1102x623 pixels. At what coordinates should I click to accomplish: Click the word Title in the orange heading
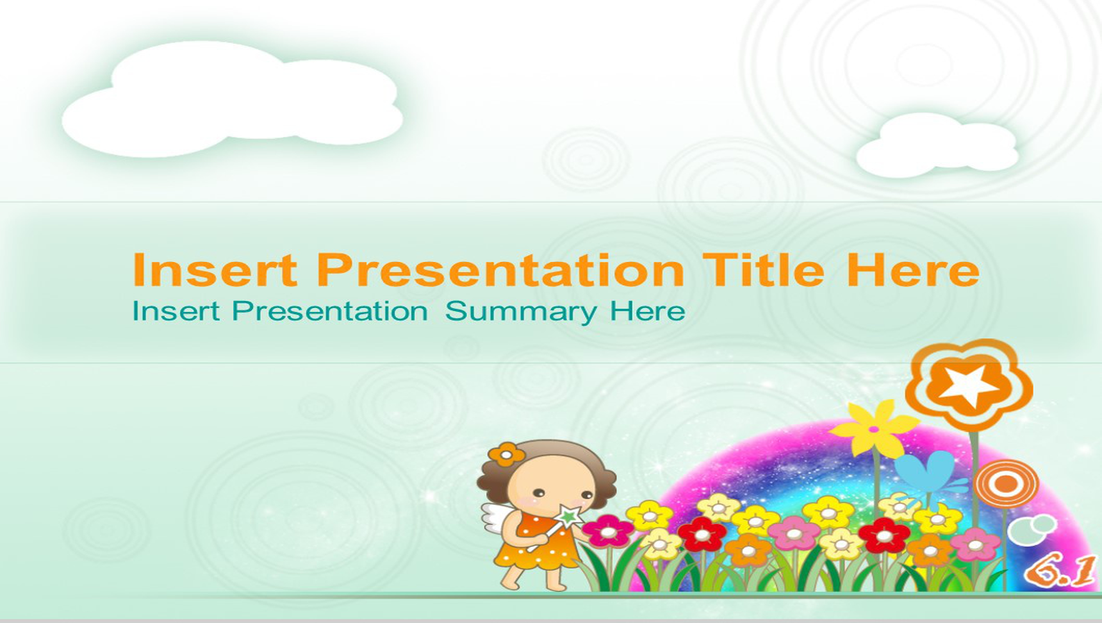(763, 270)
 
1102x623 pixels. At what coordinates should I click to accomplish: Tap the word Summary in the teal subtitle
(521, 313)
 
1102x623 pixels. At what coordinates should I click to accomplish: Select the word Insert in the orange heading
(215, 270)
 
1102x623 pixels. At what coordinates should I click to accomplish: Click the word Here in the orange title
(913, 270)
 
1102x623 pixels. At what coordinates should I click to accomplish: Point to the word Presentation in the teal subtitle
(330, 311)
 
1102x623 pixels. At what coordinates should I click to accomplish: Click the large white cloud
(233, 99)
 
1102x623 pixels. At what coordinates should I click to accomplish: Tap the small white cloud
(937, 145)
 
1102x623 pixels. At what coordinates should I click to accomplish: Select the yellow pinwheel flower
(873, 428)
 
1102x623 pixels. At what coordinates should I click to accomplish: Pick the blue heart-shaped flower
(925, 472)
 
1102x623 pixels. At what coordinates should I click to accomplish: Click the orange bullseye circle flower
(1005, 483)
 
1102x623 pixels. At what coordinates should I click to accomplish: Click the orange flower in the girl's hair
(506, 454)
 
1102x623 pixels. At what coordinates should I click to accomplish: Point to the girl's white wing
(498, 518)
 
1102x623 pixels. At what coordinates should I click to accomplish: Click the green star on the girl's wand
(568, 515)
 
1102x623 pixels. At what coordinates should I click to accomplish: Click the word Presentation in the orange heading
(500, 270)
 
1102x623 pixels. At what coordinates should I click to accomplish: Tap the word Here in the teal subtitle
(647, 311)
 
